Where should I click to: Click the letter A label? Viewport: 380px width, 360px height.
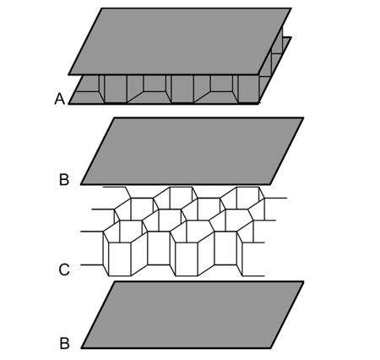coord(59,99)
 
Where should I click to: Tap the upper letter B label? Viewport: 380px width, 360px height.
coord(64,179)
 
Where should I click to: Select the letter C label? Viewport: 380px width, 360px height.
coord(64,270)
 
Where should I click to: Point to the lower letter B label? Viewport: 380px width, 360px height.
coord(64,343)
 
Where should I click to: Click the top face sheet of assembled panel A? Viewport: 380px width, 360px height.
coord(180,41)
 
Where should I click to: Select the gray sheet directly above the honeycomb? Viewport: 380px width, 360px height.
coord(193,151)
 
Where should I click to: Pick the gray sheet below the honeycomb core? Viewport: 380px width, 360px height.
coord(193,315)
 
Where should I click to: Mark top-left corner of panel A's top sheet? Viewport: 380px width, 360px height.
coord(101,8)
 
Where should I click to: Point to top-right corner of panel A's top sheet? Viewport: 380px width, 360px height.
coord(291,8)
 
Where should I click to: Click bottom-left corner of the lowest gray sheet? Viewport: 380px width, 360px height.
coord(82,348)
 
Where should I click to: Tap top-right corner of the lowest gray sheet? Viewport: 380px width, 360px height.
coord(304,281)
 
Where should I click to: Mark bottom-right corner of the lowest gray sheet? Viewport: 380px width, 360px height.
coord(271,348)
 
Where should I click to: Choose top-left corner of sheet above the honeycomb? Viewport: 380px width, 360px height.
coord(114,117)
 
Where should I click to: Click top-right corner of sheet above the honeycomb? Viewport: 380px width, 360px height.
coord(303,117)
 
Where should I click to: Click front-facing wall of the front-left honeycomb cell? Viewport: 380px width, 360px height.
coord(120,259)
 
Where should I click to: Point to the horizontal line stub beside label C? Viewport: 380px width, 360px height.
coord(92,265)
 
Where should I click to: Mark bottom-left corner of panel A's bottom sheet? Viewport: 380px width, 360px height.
coord(68,104)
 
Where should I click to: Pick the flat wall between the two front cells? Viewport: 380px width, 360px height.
coord(159,248)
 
